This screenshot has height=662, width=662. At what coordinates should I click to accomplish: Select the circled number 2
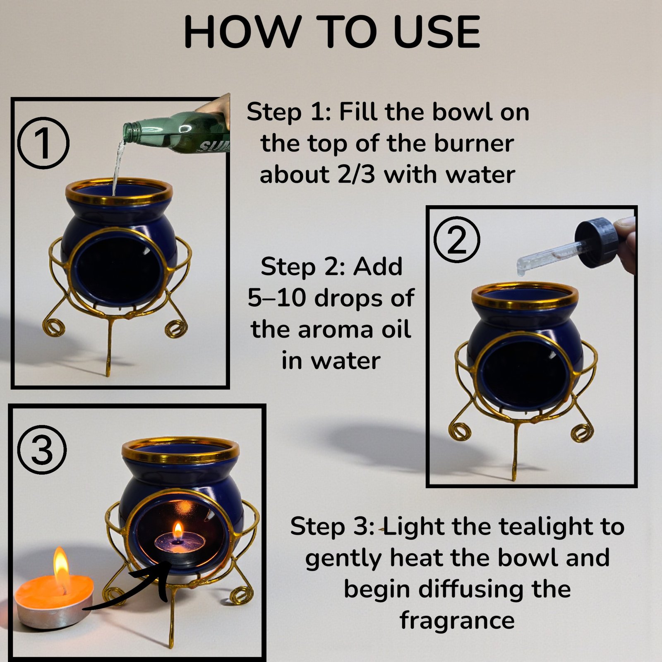[x=457, y=240]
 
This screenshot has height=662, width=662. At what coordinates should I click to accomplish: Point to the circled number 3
[x=42, y=450]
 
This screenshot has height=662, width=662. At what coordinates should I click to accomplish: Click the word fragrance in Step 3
[x=457, y=621]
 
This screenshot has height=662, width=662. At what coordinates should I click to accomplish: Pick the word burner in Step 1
[x=474, y=143]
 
